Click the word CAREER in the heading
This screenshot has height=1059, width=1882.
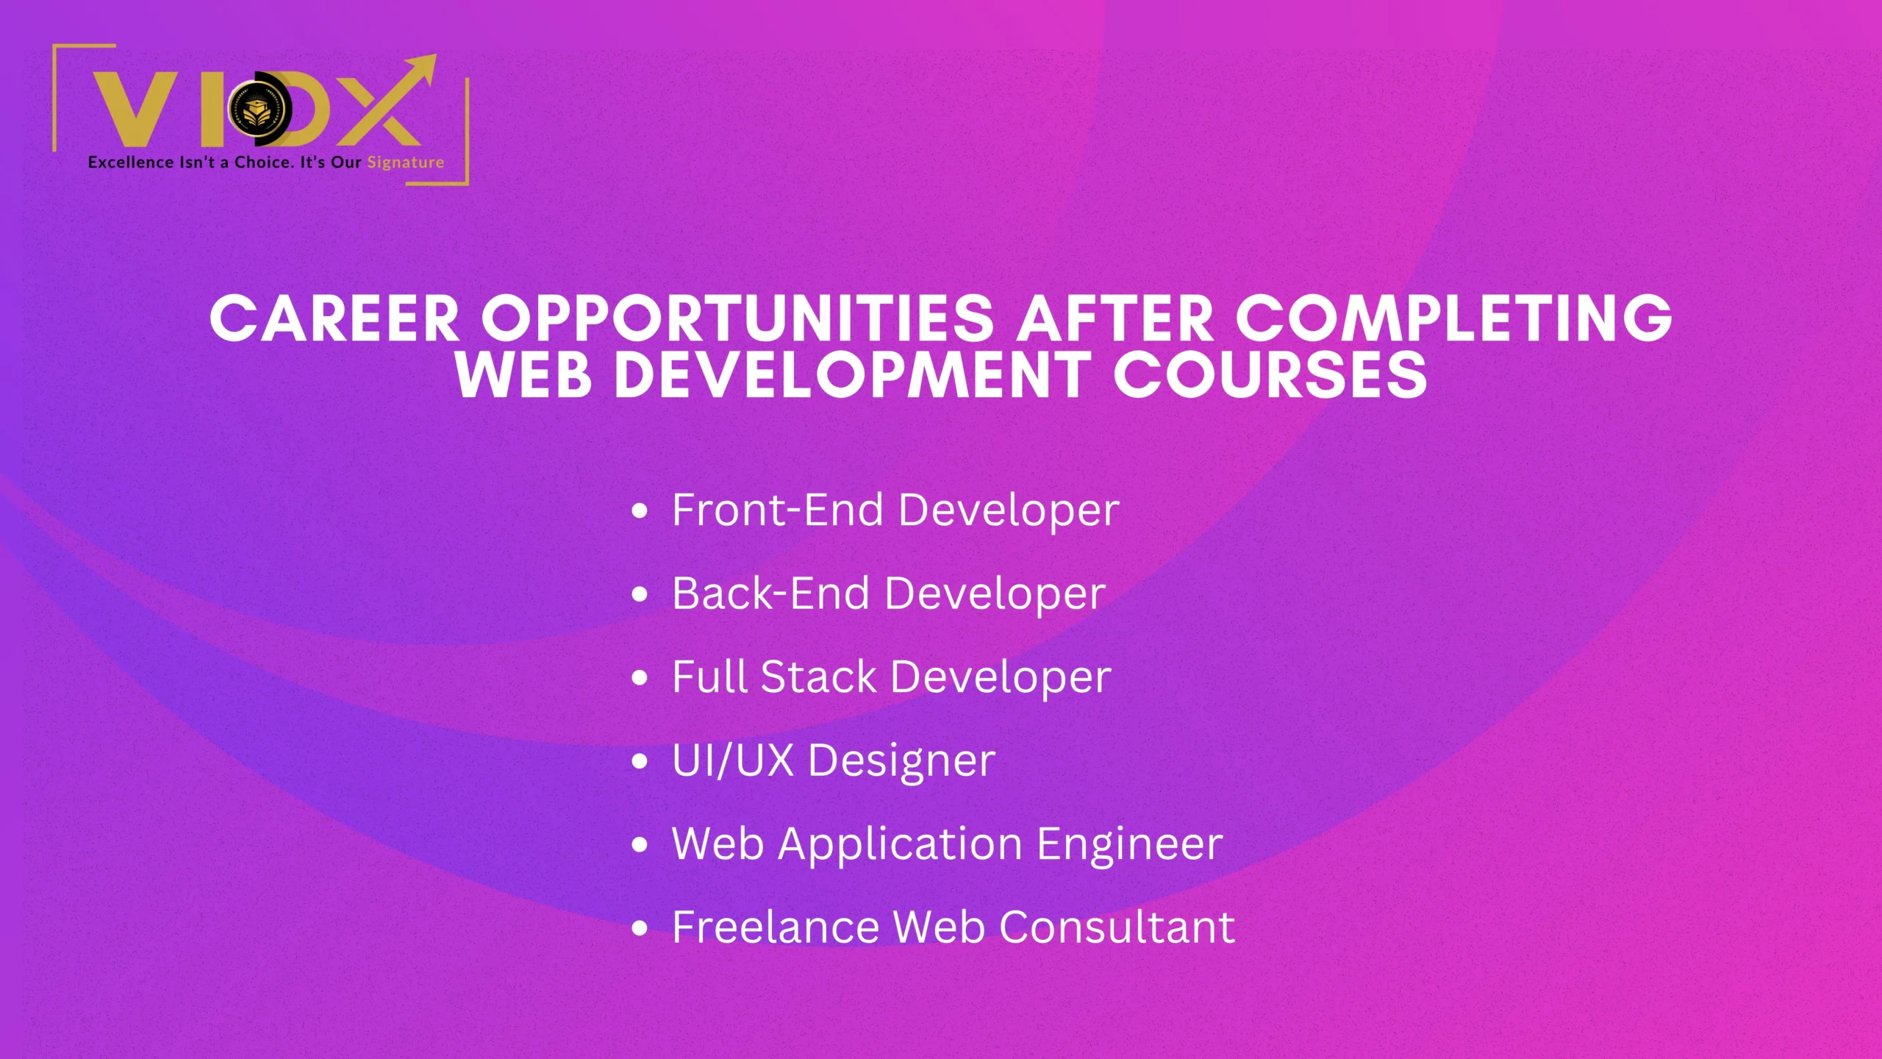pos(334,318)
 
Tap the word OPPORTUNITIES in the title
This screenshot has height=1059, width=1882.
pos(737,318)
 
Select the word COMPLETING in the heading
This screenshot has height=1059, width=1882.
pos(1453,318)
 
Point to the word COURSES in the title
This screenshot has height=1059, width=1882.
pos(1270,375)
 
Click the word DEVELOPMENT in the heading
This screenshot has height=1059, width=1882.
pos(853,375)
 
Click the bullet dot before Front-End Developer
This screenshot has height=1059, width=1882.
pos(640,511)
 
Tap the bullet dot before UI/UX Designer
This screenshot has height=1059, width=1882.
pos(640,761)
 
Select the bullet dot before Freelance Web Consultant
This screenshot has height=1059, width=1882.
pos(640,928)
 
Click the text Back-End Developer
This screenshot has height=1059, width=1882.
pos(888,593)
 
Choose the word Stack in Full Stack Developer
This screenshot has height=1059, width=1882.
pos(818,677)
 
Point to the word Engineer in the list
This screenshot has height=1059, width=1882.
pos(1130,844)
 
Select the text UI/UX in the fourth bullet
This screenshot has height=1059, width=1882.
pos(733,760)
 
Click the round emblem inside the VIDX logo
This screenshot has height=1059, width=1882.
pos(257,110)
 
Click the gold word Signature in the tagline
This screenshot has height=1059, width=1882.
pos(406,163)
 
